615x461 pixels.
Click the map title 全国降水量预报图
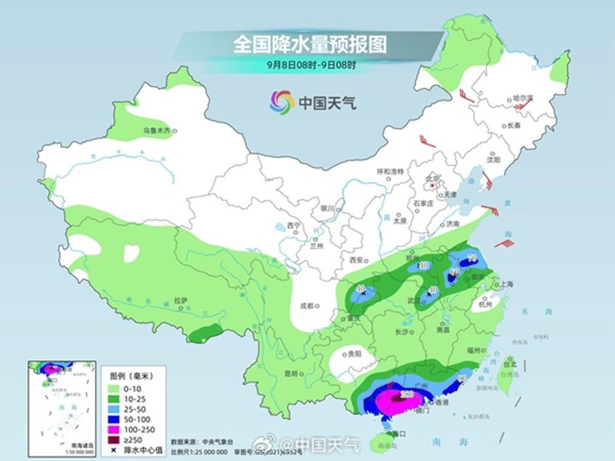(310, 45)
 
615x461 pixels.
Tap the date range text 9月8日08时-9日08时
(311, 65)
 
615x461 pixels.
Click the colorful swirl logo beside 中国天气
(282, 102)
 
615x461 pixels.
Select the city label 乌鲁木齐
(156, 131)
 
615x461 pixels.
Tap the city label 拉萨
(180, 300)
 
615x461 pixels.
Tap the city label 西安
(355, 260)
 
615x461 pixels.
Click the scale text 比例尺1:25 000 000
(196, 451)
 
